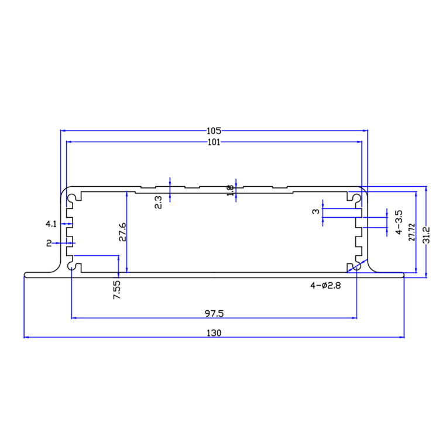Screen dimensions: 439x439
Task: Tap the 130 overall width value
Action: [213, 332]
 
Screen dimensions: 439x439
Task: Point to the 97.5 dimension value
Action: [214, 313]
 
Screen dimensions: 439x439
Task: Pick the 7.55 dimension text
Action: [116, 290]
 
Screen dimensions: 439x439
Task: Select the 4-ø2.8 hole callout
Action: [325, 286]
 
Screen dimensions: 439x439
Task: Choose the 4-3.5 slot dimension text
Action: [399, 223]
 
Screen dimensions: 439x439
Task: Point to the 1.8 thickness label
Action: [230, 191]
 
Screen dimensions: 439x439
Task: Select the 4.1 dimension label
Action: [51, 224]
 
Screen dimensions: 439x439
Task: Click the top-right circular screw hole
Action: [355, 197]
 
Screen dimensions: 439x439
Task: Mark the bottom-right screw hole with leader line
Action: [354, 266]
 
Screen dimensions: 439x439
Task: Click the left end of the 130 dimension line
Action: [24, 337]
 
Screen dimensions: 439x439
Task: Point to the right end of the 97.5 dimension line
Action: [356, 318]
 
